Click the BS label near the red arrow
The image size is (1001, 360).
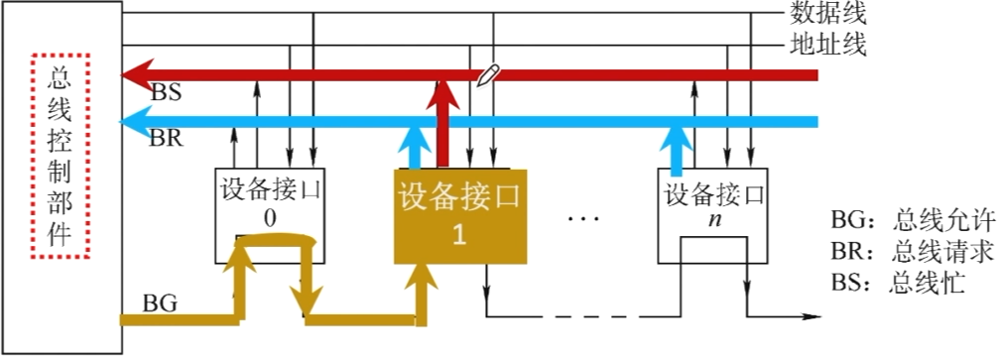[166, 92]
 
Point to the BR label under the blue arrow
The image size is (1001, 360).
[166, 138]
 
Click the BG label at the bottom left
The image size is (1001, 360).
[161, 303]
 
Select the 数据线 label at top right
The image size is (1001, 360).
[828, 13]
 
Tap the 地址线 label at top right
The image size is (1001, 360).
[828, 45]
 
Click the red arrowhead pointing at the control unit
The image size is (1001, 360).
[134, 75]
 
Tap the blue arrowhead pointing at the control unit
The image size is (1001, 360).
[134, 123]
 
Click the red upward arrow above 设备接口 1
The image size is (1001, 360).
[443, 119]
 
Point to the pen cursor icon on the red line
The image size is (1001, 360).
[487, 75]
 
